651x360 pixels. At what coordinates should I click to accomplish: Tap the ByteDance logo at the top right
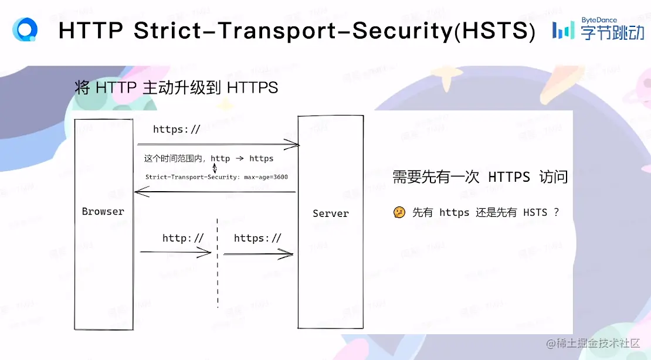click(598, 29)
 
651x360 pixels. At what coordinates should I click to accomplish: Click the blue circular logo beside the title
click(25, 30)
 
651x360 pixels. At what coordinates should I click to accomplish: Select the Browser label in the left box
click(103, 212)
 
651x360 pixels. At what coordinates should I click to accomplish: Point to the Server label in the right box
click(330, 214)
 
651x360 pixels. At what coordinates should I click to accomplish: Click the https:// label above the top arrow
click(177, 130)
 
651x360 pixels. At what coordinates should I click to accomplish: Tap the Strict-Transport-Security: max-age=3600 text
click(216, 176)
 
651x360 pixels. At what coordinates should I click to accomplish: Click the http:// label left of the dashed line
click(183, 238)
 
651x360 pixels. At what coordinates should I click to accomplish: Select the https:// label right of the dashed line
click(257, 238)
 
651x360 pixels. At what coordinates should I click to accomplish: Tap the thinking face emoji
click(399, 212)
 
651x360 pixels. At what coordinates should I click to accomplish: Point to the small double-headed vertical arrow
click(214, 168)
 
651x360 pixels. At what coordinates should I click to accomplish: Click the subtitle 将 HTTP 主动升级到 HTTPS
click(176, 88)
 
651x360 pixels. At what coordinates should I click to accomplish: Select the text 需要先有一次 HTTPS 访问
click(480, 177)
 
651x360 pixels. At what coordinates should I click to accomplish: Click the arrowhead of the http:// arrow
click(207, 253)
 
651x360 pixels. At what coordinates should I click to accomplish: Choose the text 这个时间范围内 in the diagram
click(174, 159)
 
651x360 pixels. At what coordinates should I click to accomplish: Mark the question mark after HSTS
click(556, 212)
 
